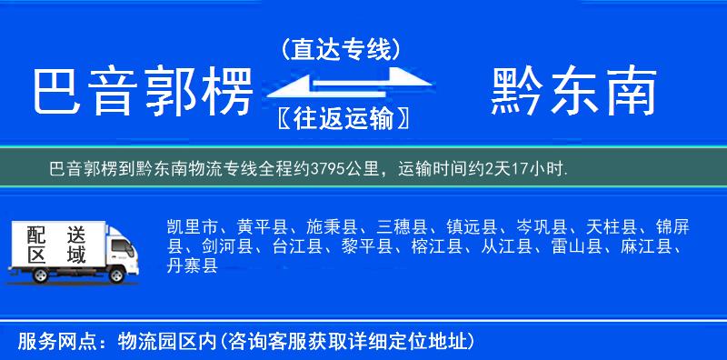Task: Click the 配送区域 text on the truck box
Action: point(54,244)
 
